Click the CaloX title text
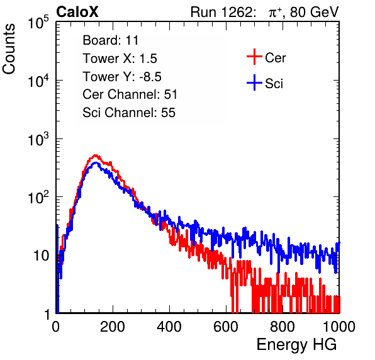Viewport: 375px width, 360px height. (77, 12)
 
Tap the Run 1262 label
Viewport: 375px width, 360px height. (221, 12)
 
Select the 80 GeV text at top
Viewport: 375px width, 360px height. (314, 12)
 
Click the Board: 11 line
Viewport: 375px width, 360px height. (111, 40)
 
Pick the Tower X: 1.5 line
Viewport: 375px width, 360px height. (120, 59)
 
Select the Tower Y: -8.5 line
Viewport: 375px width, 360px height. (122, 77)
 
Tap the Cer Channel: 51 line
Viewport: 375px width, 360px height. (130, 94)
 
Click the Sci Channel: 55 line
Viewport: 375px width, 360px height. (129, 113)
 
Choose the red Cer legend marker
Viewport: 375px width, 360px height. (254, 57)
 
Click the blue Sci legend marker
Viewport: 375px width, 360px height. (254, 82)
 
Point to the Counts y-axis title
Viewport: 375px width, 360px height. (9, 49)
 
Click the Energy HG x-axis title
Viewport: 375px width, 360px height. (296, 344)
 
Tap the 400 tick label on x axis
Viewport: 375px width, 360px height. (169, 326)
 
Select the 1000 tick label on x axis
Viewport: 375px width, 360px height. (339, 326)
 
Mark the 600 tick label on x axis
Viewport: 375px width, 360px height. (226, 326)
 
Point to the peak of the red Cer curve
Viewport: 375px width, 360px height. (95, 155)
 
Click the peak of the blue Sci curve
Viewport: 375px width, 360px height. (96, 163)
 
